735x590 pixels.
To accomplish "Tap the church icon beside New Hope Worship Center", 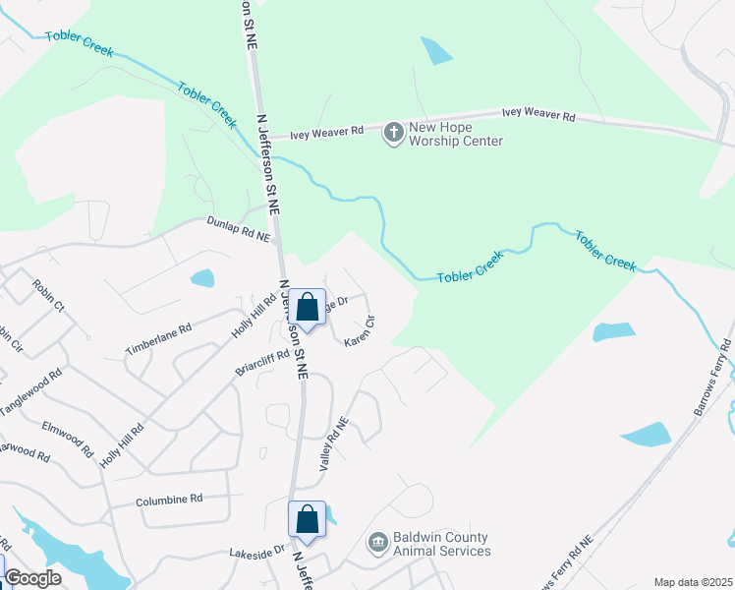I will (393, 133).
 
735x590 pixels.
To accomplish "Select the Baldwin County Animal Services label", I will (441, 544).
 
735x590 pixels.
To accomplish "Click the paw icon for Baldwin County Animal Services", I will (377, 543).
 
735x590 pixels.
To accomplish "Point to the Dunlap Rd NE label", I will (237, 229).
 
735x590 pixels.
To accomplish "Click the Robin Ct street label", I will (47, 295).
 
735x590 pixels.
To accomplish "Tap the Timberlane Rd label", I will (157, 337).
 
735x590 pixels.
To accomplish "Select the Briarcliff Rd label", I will (262, 363).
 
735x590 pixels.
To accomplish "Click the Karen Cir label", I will (360, 329).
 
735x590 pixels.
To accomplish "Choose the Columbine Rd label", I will (169, 499).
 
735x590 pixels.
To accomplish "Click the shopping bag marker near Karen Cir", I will (308, 307).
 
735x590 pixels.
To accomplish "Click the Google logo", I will (32, 578).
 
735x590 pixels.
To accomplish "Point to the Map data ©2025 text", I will (692, 582).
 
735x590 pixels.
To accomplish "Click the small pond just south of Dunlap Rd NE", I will (201, 277).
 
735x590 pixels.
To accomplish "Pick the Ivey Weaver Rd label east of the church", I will (537, 115).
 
